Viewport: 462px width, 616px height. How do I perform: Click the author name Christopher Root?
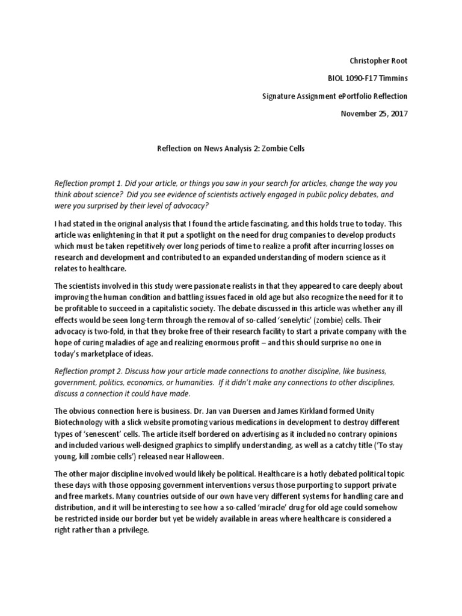pos(378,61)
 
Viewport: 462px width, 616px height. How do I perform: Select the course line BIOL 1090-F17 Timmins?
pos(366,78)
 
